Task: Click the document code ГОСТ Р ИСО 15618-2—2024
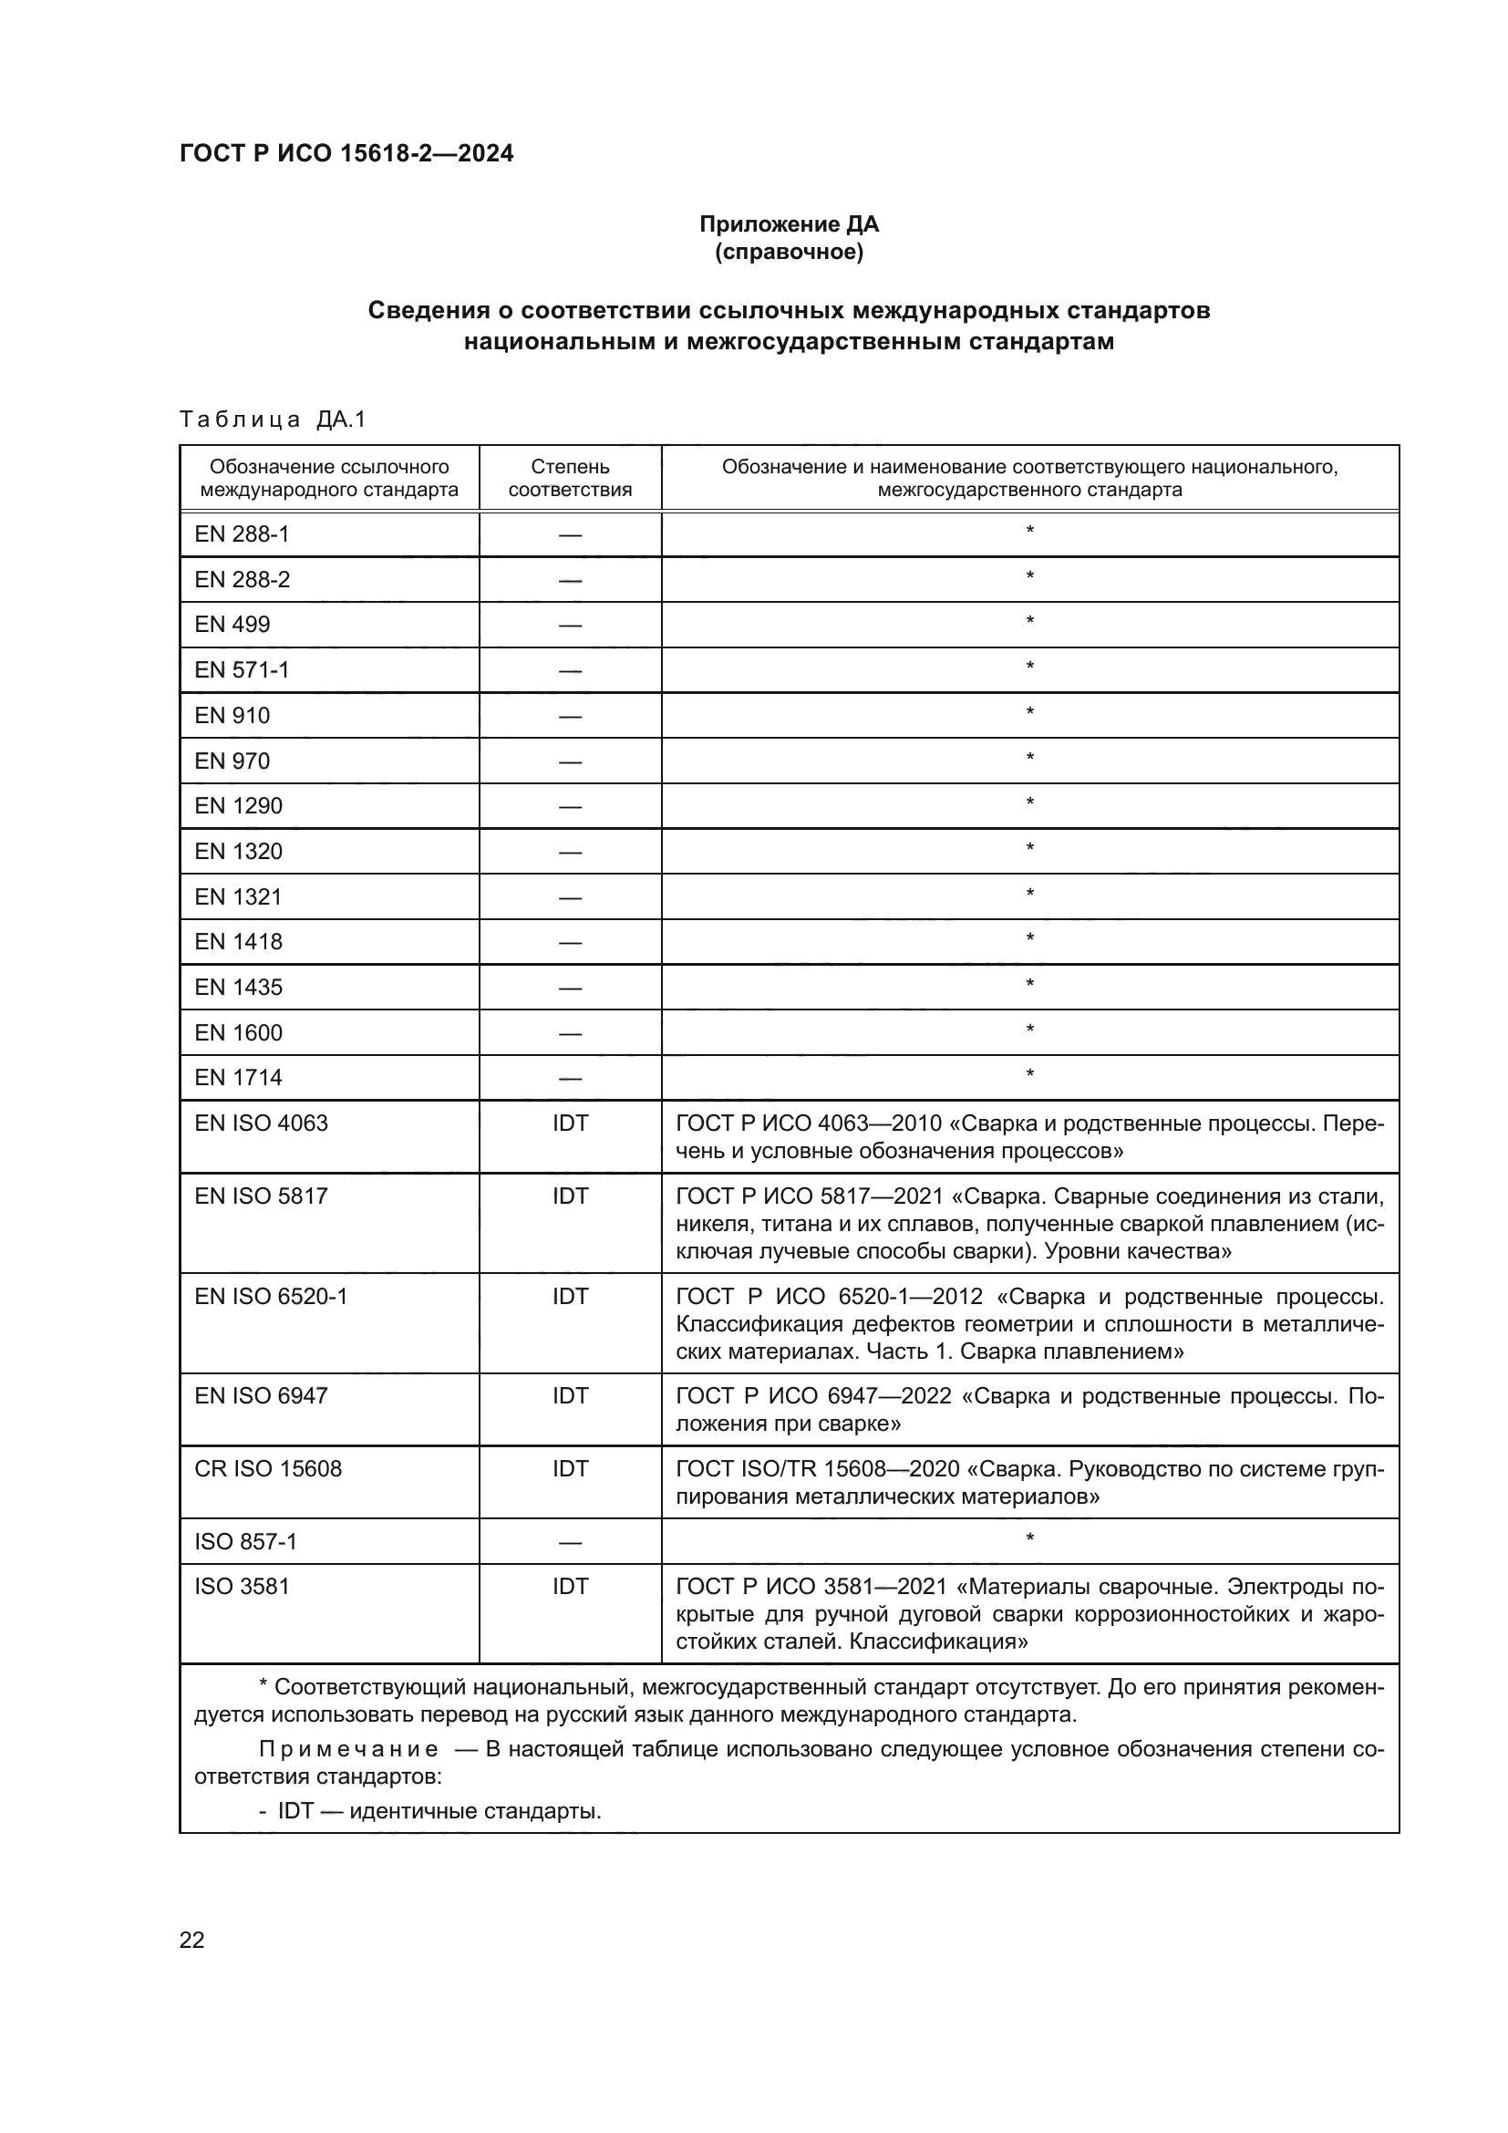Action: tap(346, 153)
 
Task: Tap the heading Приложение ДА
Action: tap(789, 224)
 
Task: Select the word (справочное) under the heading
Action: tap(789, 252)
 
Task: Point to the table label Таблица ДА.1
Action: tap(273, 419)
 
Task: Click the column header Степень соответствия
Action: tap(569, 478)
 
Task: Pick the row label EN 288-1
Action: tap(242, 534)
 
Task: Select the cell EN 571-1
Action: tap(242, 670)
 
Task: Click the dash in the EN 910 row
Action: tap(569, 716)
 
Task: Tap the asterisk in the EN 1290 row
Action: tap(1028, 802)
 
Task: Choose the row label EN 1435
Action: tap(238, 988)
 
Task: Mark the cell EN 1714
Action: tap(238, 1078)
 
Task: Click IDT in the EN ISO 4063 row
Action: tap(569, 1123)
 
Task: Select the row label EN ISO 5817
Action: tap(261, 1196)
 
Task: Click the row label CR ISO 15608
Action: tap(267, 1469)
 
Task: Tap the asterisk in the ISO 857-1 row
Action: tap(1028, 1539)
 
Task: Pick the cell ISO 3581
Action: tap(242, 1587)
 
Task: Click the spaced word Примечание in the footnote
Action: tap(348, 1750)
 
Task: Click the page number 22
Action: tap(191, 1940)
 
